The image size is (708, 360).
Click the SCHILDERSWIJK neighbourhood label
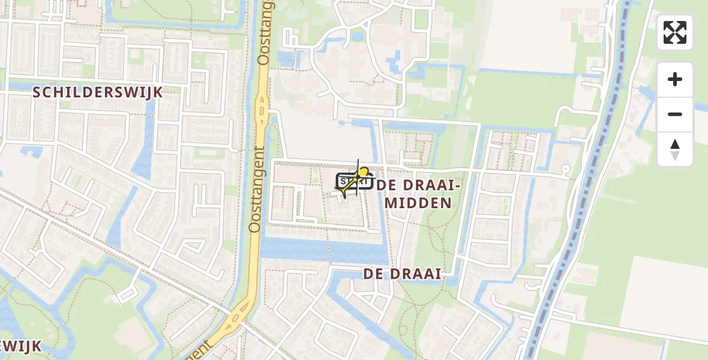point(98,92)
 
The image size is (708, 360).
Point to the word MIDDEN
point(418,203)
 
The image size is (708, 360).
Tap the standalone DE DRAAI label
point(402,274)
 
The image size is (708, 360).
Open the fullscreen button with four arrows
point(674,32)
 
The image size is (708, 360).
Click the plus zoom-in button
point(675,79)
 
